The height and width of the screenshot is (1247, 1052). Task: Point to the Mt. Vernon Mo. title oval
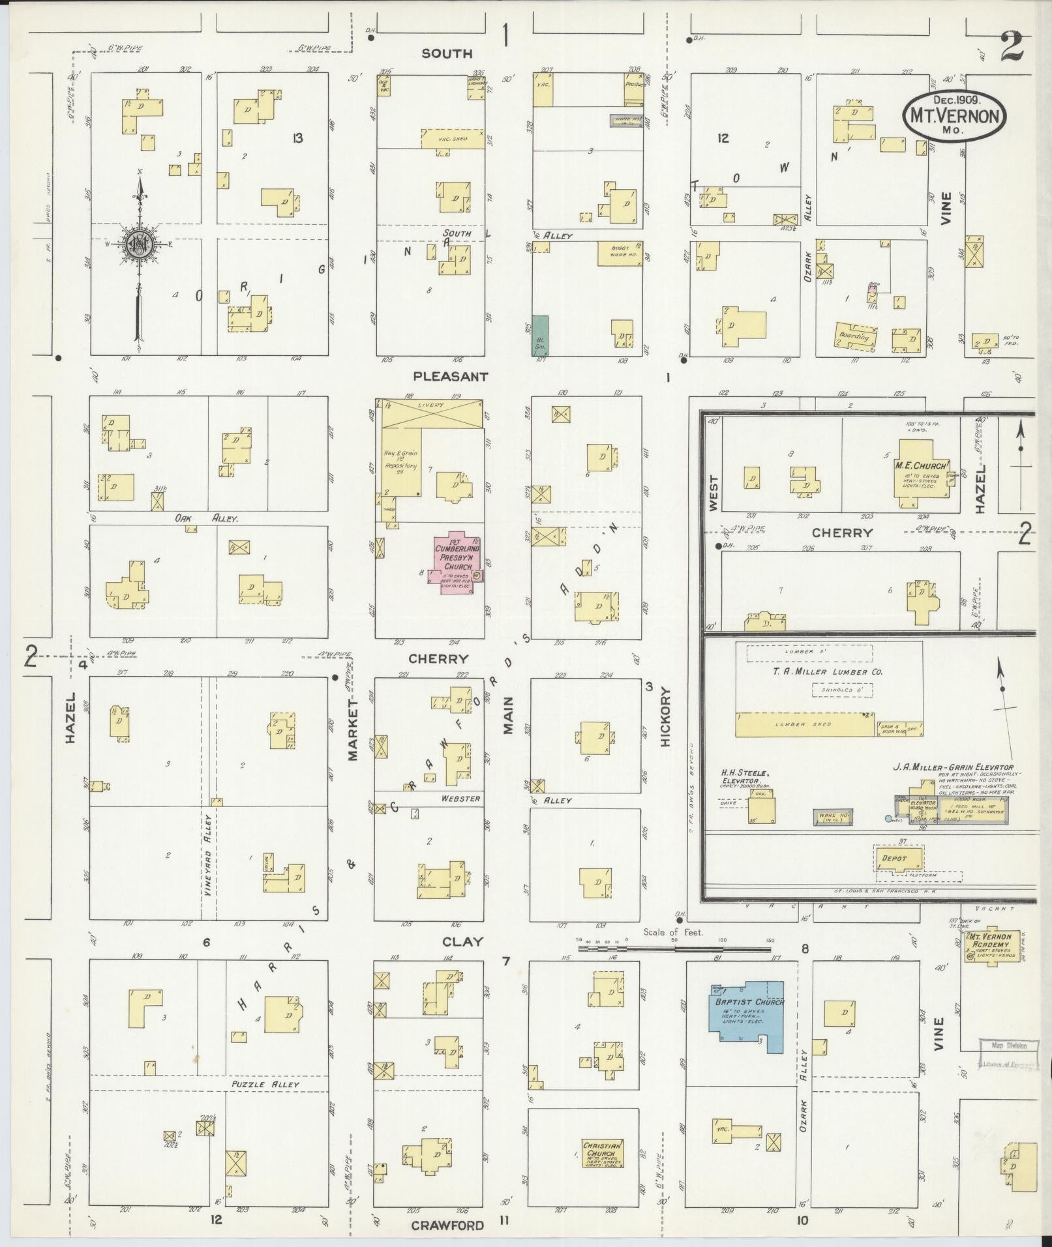pyautogui.click(x=954, y=113)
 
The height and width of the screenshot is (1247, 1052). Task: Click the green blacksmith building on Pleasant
pyautogui.click(x=540, y=336)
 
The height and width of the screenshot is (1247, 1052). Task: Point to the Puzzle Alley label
pyautogui.click(x=265, y=1084)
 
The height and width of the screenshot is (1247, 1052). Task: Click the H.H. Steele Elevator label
pyautogui.click(x=746, y=776)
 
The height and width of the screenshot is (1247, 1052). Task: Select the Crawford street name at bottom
pyautogui.click(x=447, y=1225)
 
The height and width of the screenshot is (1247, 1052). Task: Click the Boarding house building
pyautogui.click(x=856, y=336)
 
